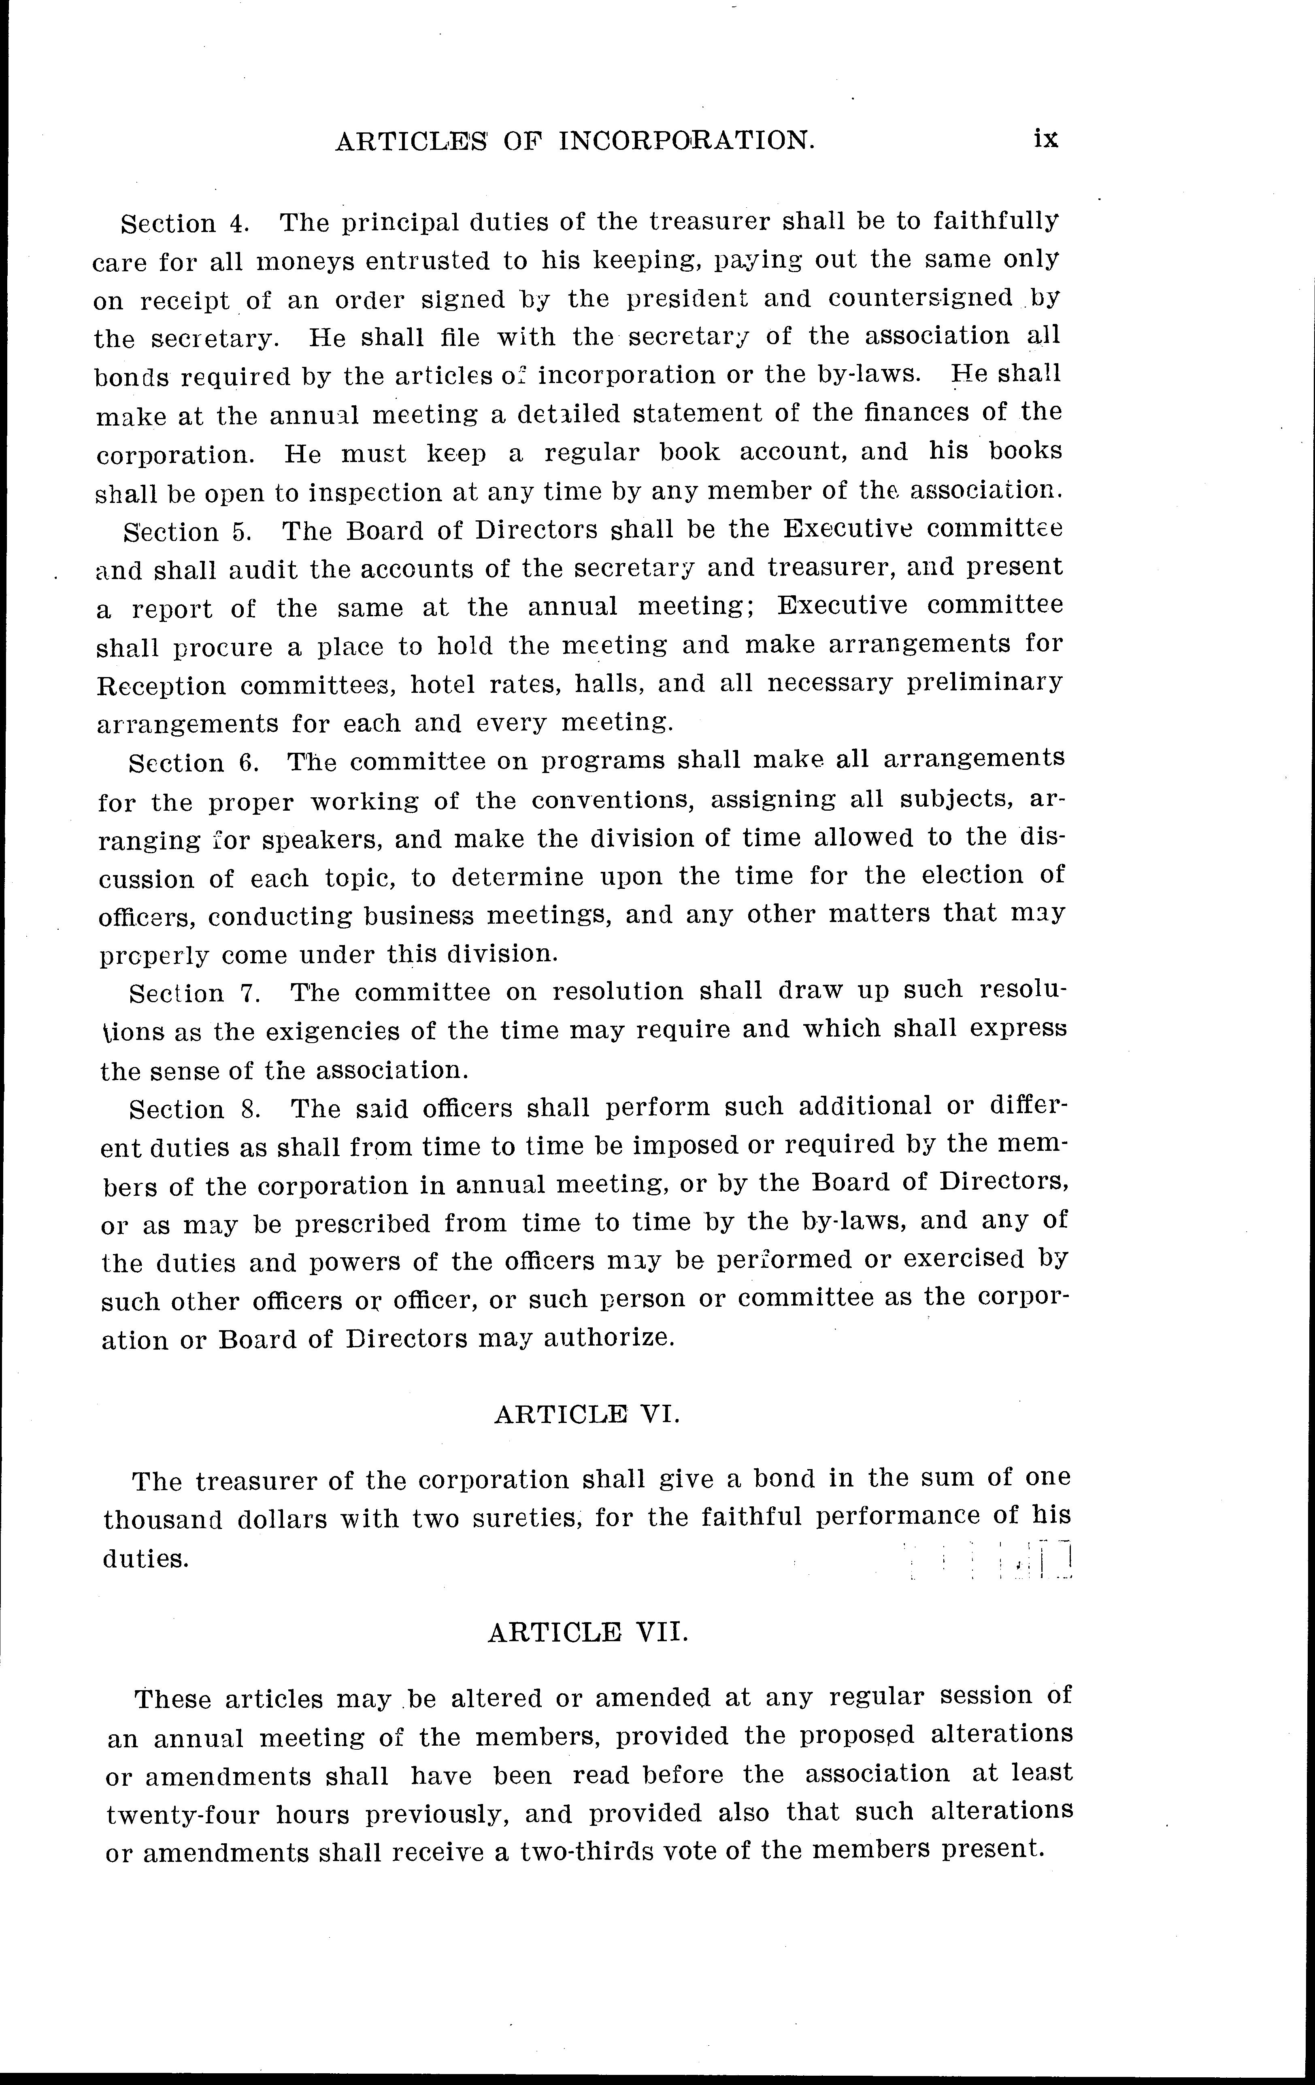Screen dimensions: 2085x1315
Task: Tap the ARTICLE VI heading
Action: pos(587,1415)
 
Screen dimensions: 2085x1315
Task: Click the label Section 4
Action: pos(184,224)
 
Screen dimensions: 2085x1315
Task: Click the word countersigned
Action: pos(920,299)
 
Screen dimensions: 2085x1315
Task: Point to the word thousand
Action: pos(156,1520)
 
